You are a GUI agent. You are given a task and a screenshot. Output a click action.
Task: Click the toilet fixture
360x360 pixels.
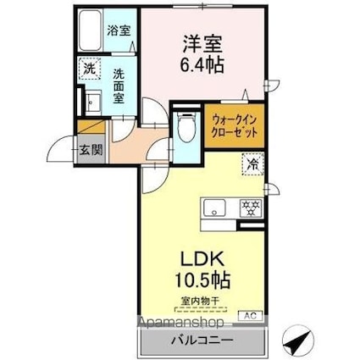[186, 127]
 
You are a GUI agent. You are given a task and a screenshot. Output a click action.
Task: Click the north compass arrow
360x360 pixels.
[296, 339]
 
